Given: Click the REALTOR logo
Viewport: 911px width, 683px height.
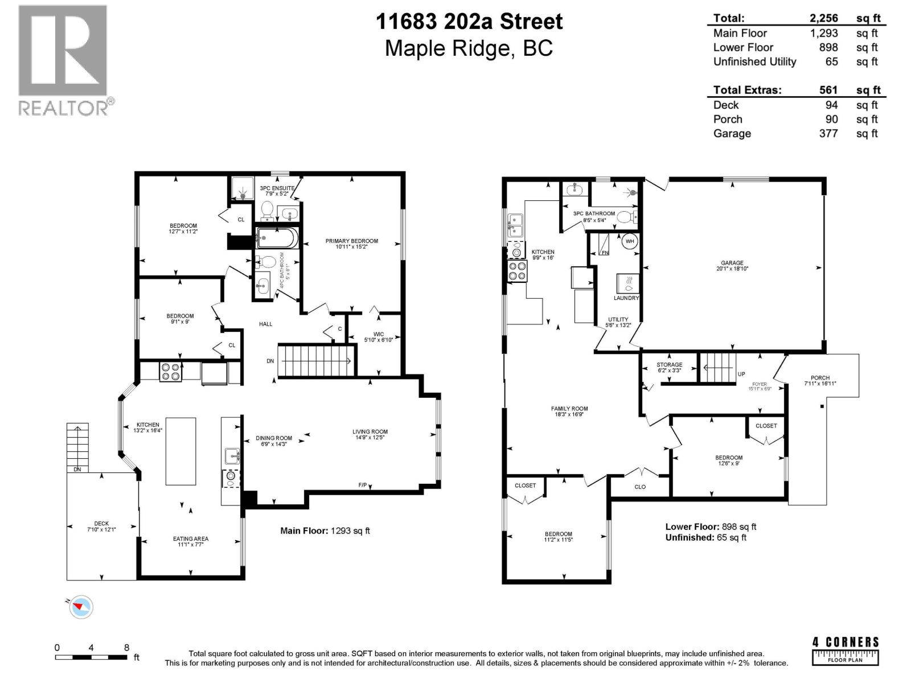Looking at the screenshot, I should click(63, 60).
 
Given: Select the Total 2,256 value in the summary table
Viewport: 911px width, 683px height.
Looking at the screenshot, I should click(824, 18).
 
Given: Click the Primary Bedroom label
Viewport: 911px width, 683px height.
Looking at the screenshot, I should click(351, 244).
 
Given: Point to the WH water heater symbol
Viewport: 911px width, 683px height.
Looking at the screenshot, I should click(630, 241).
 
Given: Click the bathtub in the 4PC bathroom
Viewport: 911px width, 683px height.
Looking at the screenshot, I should click(276, 238).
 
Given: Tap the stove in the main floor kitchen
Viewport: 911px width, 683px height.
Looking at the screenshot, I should click(170, 372).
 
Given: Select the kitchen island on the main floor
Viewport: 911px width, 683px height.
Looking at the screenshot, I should click(180, 451).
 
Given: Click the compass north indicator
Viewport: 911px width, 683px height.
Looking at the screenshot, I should click(81, 607).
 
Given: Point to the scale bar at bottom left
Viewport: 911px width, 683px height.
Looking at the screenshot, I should click(91, 657).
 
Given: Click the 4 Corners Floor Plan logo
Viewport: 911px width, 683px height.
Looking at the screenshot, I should click(845, 651).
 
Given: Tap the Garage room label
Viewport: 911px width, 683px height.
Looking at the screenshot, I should click(732, 265).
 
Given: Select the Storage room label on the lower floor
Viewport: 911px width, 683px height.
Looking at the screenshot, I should click(669, 367).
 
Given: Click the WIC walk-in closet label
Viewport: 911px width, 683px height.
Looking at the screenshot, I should click(378, 337).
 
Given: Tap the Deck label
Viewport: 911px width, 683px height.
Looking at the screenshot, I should click(101, 526).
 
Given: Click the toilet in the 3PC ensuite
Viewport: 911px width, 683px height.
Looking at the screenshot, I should click(266, 212).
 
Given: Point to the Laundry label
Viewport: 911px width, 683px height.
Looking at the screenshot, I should click(626, 298).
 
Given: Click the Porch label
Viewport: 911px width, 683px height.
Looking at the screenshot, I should click(820, 381).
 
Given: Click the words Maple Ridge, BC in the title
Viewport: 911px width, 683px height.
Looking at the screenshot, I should click(469, 48).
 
